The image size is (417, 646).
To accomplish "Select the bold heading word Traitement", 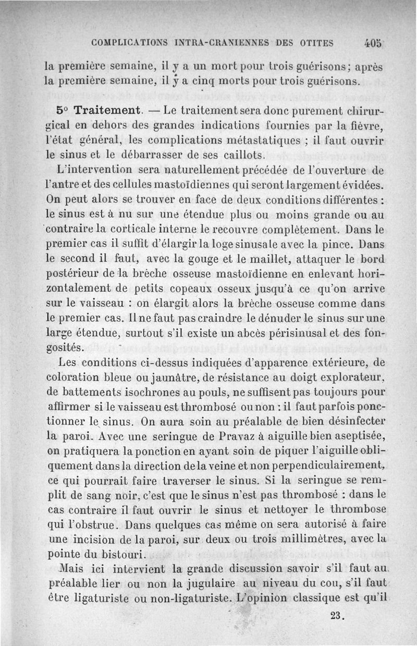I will (x=107, y=111).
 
